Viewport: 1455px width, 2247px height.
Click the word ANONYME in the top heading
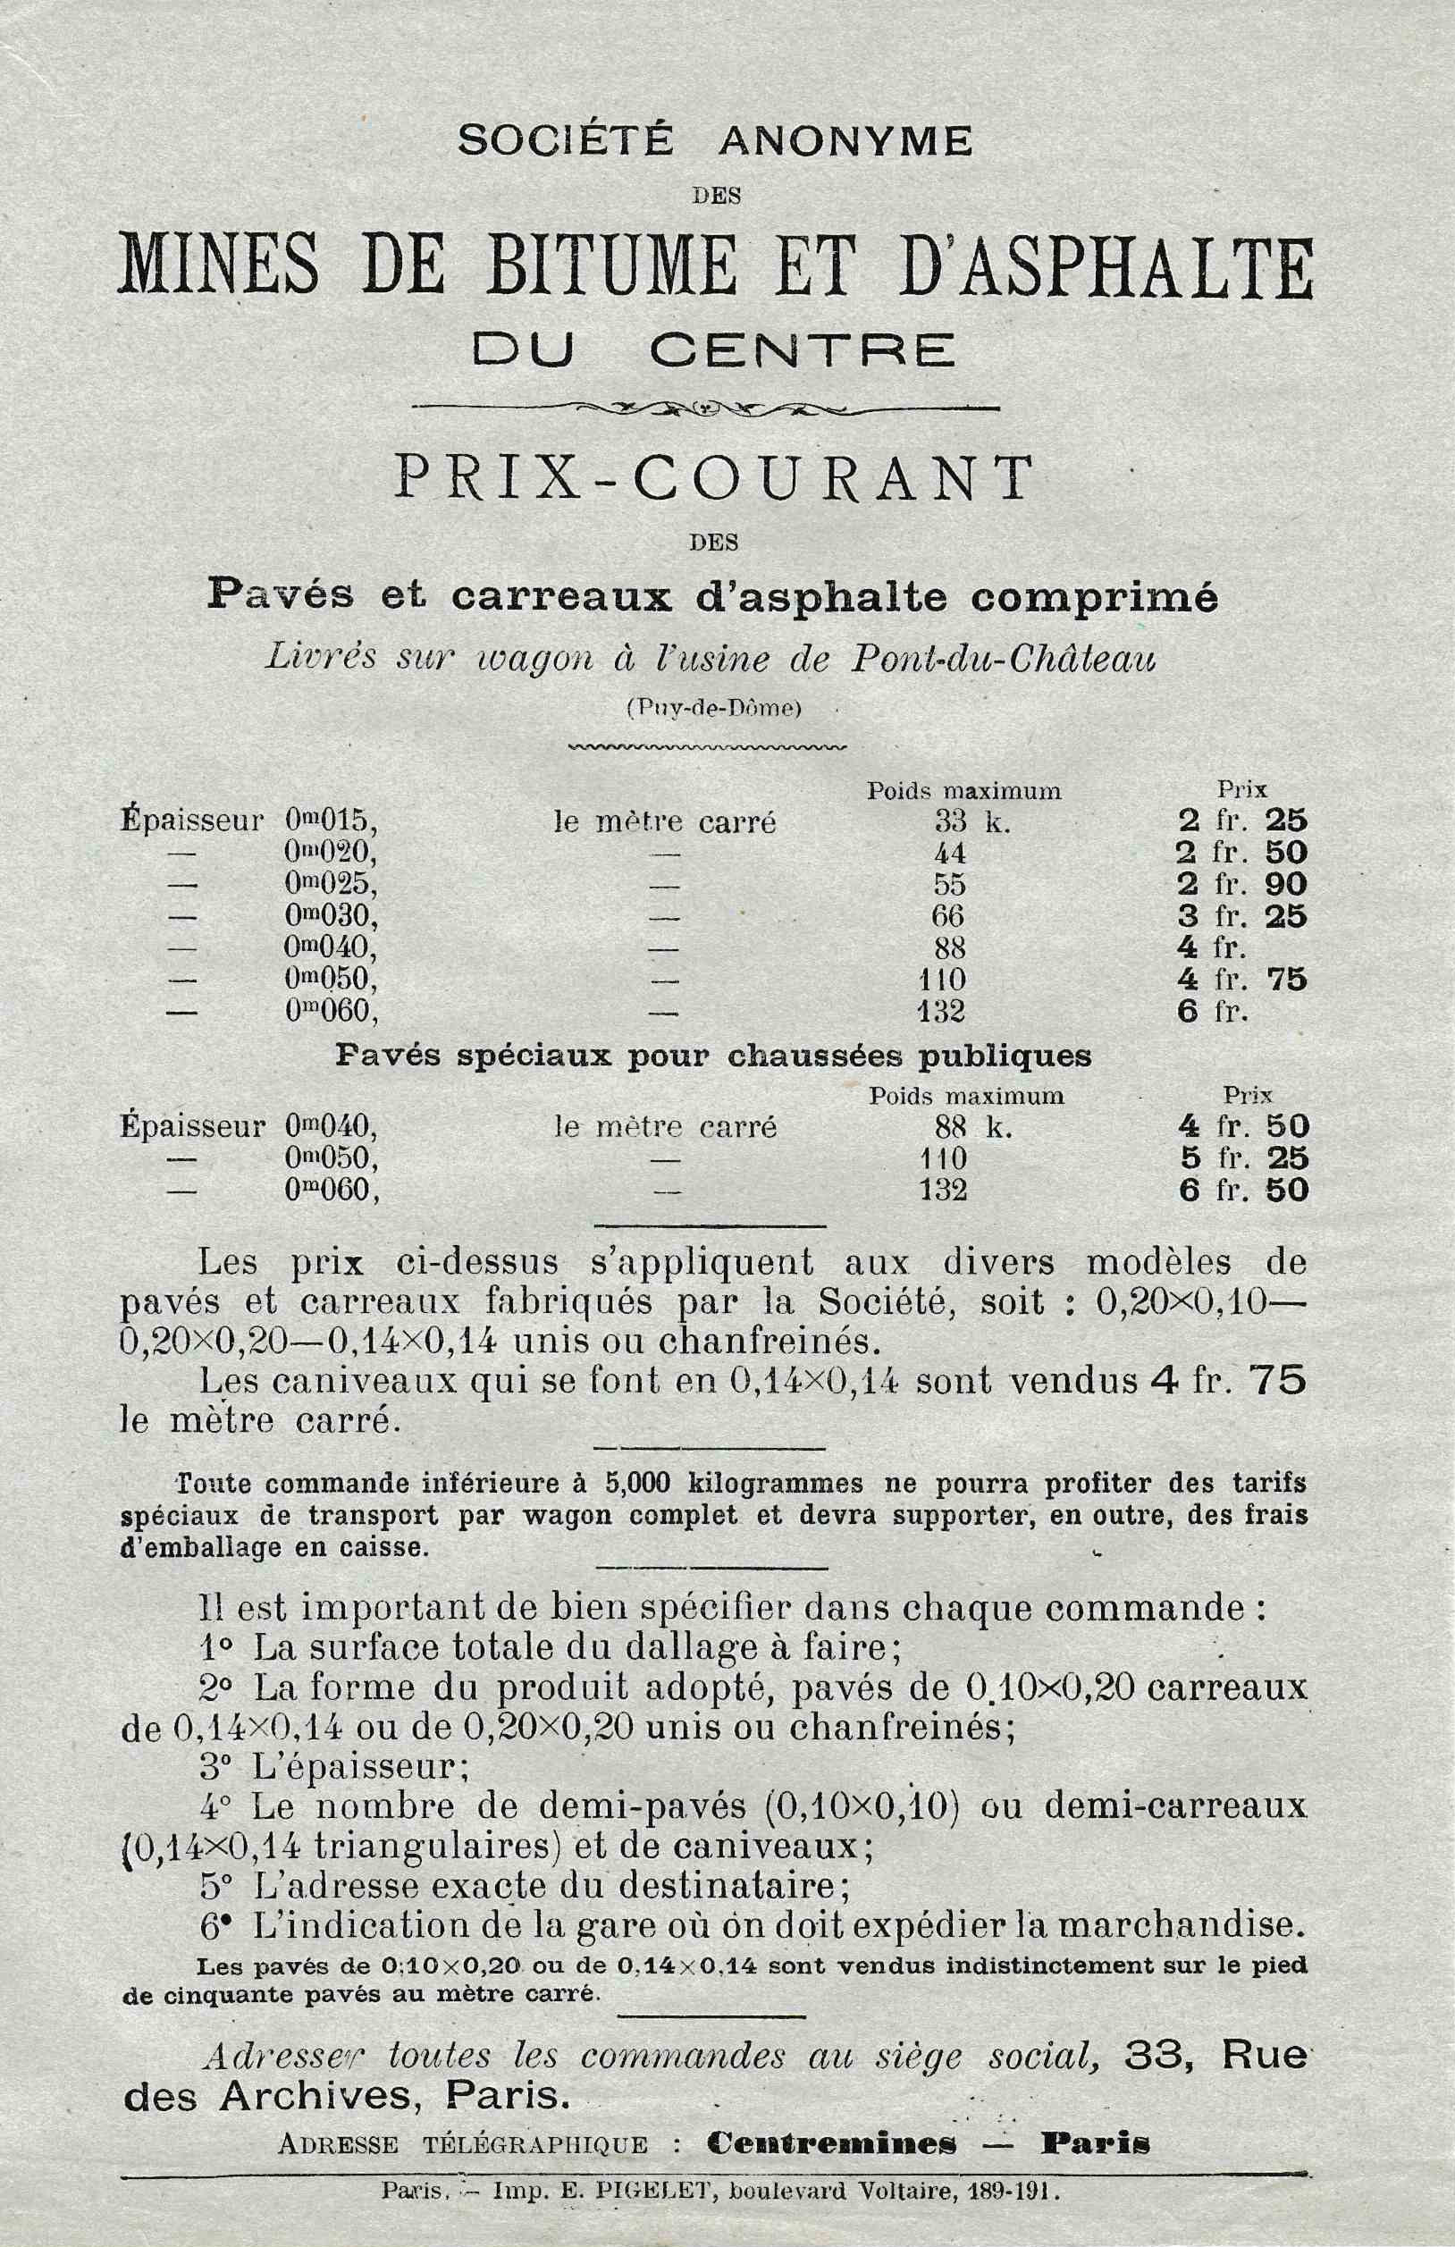click(x=845, y=140)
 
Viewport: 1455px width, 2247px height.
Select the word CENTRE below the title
click(x=802, y=351)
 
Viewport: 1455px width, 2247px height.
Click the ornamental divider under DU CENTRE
click(x=706, y=408)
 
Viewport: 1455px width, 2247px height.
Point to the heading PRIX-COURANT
click(x=714, y=479)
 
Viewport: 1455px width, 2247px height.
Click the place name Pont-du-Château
click(x=1003, y=661)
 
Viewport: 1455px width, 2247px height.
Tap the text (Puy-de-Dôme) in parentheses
click(x=714, y=709)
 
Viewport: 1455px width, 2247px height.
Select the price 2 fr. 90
click(x=1241, y=885)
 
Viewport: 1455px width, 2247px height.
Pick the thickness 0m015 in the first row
click(x=331, y=821)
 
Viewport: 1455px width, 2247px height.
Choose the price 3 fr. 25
click(x=1241, y=917)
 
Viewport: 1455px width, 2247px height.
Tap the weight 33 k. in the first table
click(x=971, y=822)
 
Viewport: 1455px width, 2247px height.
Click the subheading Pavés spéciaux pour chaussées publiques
click(x=714, y=1055)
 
